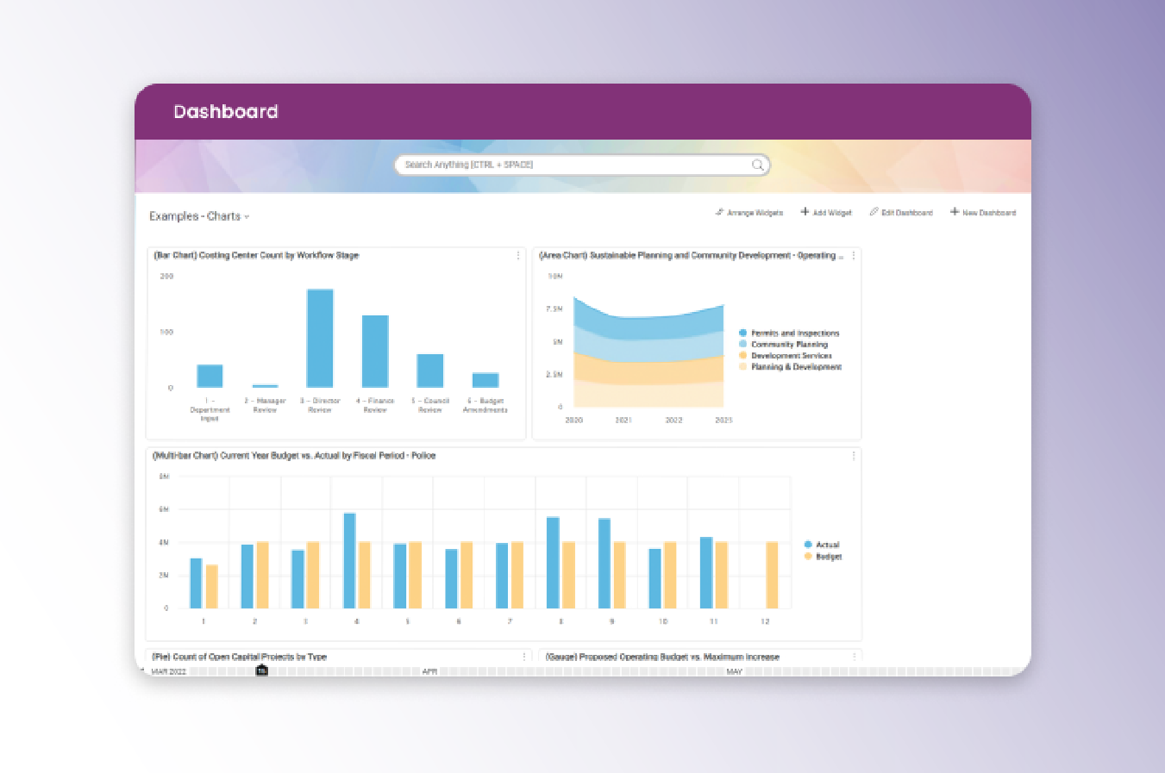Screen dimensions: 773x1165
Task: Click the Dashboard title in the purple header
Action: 226,112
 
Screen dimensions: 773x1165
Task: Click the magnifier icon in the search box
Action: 757,165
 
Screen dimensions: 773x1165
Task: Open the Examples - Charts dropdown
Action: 199,216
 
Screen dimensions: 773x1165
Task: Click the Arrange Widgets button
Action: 748,212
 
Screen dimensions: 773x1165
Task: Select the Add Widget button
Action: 826,212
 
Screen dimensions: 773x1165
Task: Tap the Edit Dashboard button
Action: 901,212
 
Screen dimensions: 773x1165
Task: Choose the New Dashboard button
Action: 983,212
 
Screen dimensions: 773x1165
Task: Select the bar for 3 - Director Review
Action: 320,339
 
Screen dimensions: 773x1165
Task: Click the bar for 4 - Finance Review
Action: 375,352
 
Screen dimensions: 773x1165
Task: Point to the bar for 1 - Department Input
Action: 210,376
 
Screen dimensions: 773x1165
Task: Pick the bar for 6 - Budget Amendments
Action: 485,380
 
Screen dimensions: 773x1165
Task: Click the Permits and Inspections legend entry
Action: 794,333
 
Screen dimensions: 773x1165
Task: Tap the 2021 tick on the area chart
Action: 623,421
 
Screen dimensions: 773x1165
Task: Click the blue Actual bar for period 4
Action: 349,560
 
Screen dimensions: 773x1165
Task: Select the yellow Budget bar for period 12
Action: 772,575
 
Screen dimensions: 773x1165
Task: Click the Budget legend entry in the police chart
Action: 828,557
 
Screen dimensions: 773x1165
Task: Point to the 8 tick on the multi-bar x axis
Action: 561,621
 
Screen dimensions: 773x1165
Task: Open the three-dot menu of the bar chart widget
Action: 518,255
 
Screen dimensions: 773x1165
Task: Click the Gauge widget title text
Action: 662,657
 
